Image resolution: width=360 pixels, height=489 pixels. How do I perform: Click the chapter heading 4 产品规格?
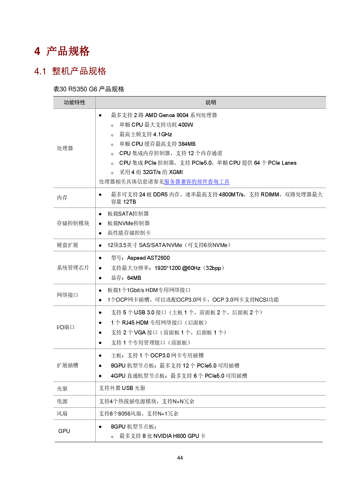tap(62, 51)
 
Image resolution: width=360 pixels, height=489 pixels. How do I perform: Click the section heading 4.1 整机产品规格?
tap(70, 71)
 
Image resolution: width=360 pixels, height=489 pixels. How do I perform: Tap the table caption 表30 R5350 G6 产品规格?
tap(89, 89)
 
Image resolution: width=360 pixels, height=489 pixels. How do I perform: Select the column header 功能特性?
tap(74, 102)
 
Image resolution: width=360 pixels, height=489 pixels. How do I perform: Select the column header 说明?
tap(210, 102)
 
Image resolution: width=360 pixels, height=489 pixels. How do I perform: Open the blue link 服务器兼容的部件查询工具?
tap(197, 182)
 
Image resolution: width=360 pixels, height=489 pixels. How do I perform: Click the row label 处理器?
tap(65, 148)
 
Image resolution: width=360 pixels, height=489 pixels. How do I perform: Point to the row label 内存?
tap(62, 198)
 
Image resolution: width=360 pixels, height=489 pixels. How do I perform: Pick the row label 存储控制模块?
tap(73, 223)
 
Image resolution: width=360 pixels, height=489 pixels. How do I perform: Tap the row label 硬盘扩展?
tap(67, 245)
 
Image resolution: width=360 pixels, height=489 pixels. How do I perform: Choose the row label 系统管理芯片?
tap(73, 268)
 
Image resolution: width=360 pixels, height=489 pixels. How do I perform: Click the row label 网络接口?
tap(67, 295)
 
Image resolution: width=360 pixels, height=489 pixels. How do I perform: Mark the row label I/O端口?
tap(65, 327)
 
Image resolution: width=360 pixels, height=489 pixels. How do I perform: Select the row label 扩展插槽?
tap(67, 366)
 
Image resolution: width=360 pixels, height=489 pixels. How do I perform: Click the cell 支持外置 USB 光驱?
tap(122, 388)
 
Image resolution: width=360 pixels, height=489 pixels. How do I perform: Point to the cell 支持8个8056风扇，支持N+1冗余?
tap(138, 413)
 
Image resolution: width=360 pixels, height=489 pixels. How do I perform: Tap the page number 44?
tap(180, 458)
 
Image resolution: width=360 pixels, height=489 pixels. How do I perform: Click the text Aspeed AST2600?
tap(148, 258)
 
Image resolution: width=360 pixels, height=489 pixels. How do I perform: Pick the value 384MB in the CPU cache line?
tap(187, 144)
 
